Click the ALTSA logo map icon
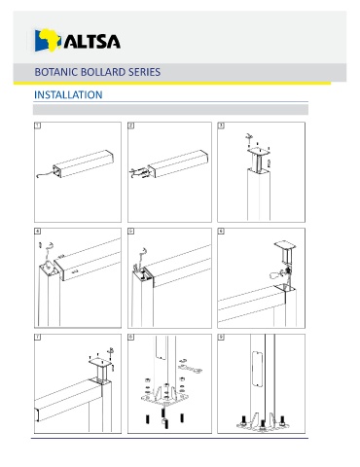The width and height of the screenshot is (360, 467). pyautogui.click(x=48, y=40)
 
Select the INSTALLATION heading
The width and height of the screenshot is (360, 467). pyautogui.click(x=68, y=94)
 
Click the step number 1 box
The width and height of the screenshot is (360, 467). pyautogui.click(x=38, y=126)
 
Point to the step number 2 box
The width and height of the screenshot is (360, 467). pyautogui.click(x=131, y=126)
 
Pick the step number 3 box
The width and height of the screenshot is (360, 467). pyautogui.click(x=221, y=126)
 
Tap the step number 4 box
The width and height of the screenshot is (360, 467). pyautogui.click(x=38, y=232)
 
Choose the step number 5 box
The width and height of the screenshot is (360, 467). pyautogui.click(x=131, y=232)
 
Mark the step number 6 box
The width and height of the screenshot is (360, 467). pyautogui.click(x=221, y=232)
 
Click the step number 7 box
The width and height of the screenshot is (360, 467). pyautogui.click(x=38, y=338)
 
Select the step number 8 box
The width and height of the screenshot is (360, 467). pyautogui.click(x=131, y=338)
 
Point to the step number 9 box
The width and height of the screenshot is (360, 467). pyautogui.click(x=221, y=338)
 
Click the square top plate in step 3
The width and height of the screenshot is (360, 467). pyautogui.click(x=259, y=151)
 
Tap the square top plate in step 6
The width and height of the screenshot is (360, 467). pyautogui.click(x=285, y=245)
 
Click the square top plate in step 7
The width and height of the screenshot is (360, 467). pyautogui.click(x=100, y=361)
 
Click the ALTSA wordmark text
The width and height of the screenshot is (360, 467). pyautogui.click(x=92, y=41)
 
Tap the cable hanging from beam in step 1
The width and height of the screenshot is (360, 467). pyautogui.click(x=45, y=174)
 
